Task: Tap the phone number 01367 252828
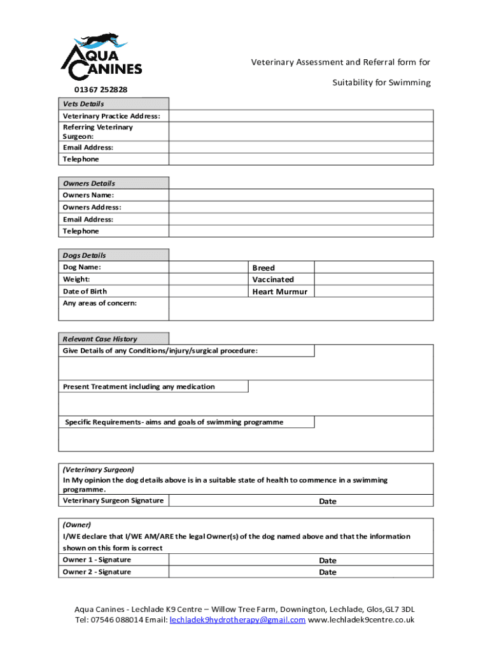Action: [x=95, y=90]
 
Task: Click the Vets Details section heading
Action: [x=83, y=104]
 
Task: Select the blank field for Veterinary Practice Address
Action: [x=301, y=116]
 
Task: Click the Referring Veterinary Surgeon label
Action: [x=97, y=132]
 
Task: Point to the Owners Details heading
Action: [x=89, y=183]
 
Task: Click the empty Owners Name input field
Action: [x=301, y=195]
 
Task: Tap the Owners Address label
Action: [x=92, y=208]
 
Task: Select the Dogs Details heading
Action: [x=85, y=255]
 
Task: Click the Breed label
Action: [x=263, y=268]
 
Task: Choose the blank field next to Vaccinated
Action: [x=374, y=280]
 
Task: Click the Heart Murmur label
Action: [x=279, y=292]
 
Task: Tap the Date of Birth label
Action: [x=85, y=292]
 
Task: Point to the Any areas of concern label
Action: [x=99, y=303]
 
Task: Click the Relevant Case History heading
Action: [x=99, y=339]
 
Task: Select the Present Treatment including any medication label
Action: [x=139, y=386]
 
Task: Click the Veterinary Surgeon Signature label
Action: [x=113, y=500]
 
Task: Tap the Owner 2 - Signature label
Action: [x=97, y=572]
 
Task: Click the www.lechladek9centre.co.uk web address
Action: [x=361, y=620]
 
